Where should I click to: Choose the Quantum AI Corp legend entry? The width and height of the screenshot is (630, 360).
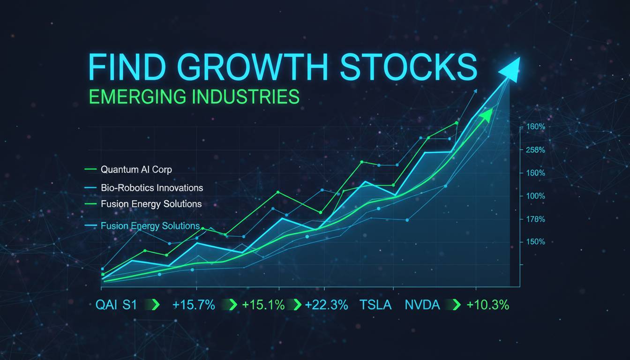click(136, 169)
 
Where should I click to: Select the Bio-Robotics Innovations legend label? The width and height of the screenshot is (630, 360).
click(152, 187)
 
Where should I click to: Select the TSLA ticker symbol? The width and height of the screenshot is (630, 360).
click(375, 305)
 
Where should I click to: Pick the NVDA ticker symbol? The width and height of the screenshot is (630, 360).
click(422, 305)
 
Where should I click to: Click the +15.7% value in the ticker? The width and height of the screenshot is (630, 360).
click(194, 305)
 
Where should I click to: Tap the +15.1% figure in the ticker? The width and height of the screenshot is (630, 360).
click(263, 305)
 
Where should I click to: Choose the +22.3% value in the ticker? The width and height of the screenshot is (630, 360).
click(327, 305)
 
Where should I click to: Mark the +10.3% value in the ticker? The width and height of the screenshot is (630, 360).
click(488, 305)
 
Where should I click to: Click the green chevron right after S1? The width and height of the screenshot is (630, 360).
click(155, 305)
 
